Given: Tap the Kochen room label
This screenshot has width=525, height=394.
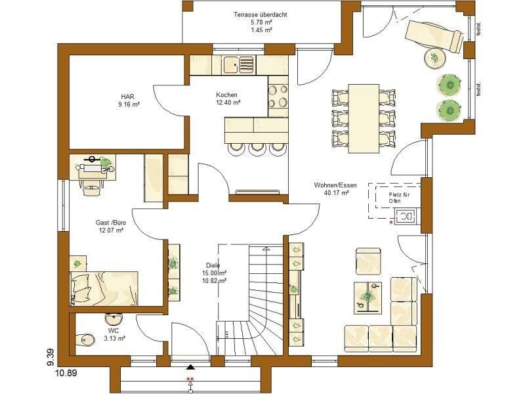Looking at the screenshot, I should click(x=226, y=95).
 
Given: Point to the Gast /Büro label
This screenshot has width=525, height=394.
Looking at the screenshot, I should click(x=111, y=223).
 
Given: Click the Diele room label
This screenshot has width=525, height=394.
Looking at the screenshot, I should click(x=213, y=265).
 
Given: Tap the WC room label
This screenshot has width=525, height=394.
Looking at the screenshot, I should click(x=113, y=331).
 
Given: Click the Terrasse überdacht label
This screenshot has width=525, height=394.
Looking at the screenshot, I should click(x=261, y=14).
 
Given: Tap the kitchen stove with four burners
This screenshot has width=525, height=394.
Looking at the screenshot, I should click(x=278, y=95).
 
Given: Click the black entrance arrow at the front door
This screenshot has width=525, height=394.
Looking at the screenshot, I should click(x=190, y=369).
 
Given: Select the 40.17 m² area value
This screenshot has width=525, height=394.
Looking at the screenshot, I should click(x=335, y=193).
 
